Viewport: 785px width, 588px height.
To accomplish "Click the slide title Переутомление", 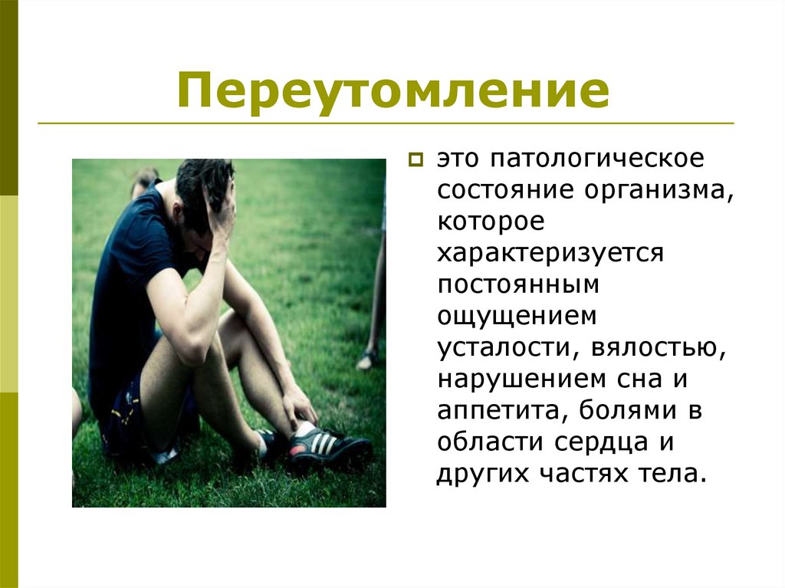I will [x=393, y=90].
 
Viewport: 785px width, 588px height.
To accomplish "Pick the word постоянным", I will [x=517, y=284].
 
